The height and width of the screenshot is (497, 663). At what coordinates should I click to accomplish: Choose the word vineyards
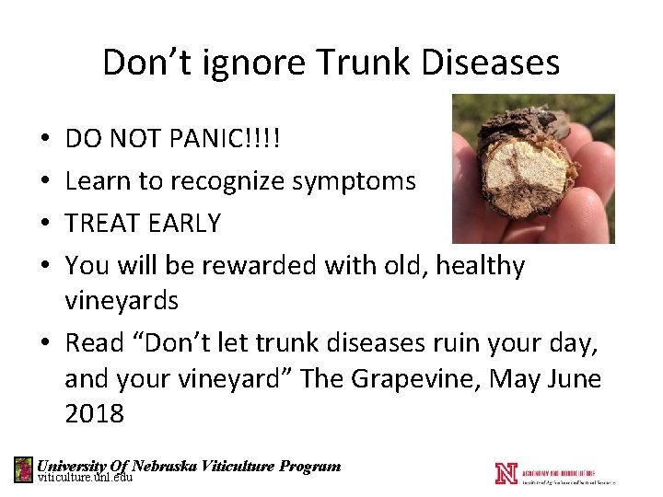[x=122, y=301]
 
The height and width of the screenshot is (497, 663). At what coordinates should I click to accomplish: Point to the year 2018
[x=94, y=413]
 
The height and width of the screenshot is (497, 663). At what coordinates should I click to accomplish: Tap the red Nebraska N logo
[x=506, y=472]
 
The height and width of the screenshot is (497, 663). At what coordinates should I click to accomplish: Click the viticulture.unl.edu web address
[x=86, y=478]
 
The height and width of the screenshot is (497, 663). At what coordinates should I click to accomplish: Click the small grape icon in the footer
[x=23, y=470]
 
